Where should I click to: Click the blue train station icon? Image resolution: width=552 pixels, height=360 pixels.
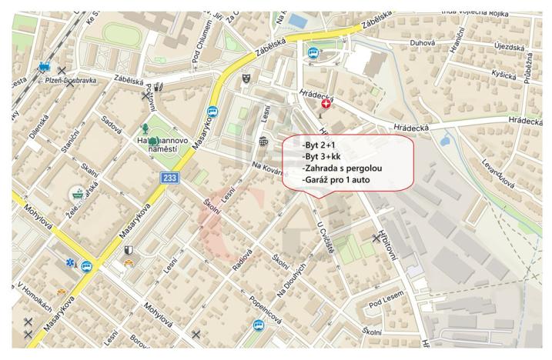45,67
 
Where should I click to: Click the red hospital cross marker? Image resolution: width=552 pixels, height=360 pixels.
326,102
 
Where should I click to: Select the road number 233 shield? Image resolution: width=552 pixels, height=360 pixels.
171,178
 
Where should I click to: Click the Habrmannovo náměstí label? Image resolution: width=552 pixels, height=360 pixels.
163,146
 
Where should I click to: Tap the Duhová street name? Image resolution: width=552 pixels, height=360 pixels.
422,44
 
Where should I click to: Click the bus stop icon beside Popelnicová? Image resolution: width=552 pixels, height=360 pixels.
258,325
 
